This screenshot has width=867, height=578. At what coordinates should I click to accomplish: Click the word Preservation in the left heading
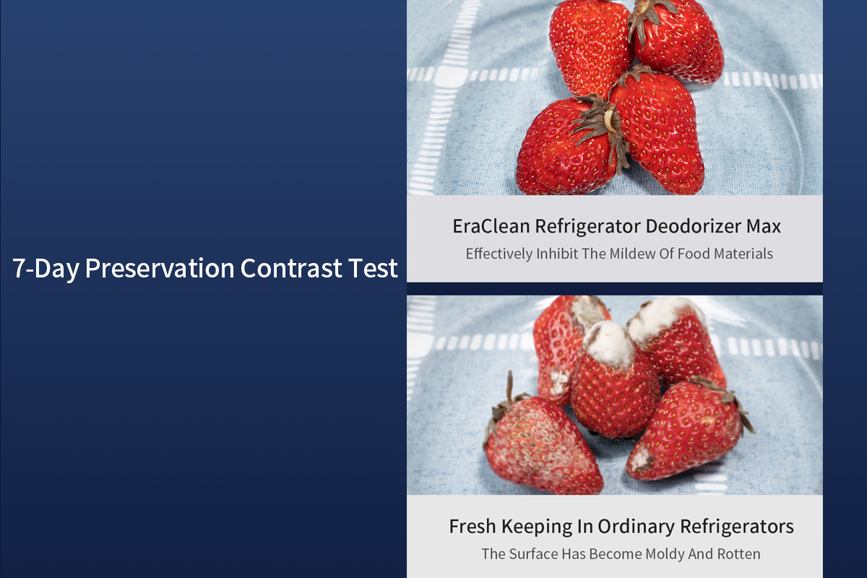(160, 268)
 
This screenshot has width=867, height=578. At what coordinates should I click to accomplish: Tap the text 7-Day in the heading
(46, 269)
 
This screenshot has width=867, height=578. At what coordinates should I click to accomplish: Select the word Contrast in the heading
(291, 268)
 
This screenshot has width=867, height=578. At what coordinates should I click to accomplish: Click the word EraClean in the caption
(491, 226)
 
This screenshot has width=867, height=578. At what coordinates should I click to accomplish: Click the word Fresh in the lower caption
(473, 527)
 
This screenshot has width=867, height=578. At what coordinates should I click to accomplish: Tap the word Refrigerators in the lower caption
(737, 527)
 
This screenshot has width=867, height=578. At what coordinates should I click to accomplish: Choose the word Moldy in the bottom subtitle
(665, 554)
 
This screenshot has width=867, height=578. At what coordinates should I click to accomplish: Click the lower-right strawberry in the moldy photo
(687, 430)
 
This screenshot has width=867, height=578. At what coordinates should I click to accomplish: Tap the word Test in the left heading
(373, 268)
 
